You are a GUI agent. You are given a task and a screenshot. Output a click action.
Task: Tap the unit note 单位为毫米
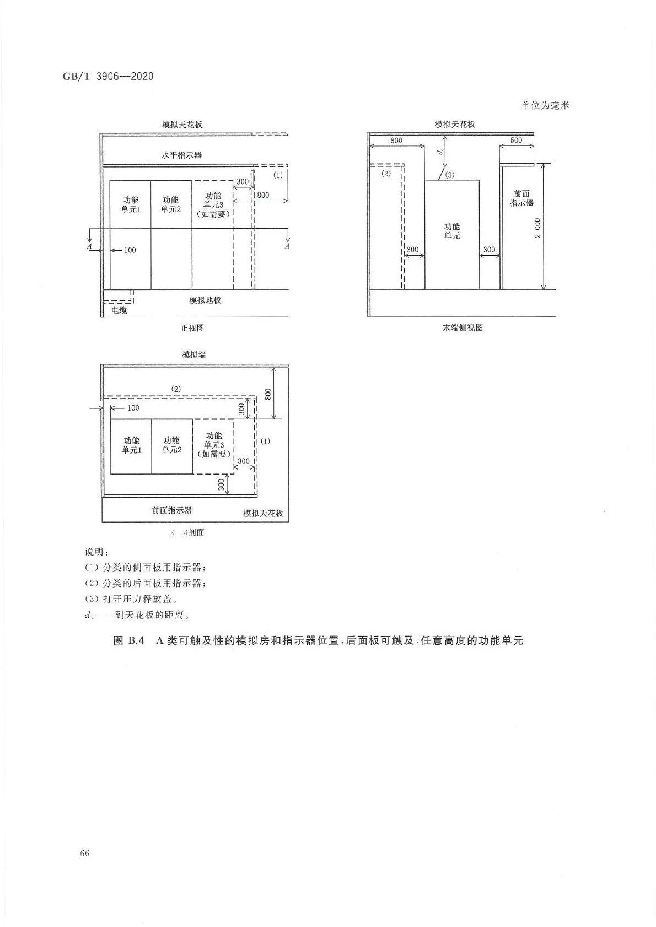click(545, 105)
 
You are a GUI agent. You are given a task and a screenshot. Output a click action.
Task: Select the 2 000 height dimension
click(538, 228)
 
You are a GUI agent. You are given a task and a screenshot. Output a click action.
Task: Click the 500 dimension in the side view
click(516, 140)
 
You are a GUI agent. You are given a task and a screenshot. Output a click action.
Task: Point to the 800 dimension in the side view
click(396, 140)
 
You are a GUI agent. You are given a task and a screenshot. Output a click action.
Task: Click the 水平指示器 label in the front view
click(181, 155)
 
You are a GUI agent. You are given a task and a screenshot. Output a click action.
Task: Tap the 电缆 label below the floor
click(119, 311)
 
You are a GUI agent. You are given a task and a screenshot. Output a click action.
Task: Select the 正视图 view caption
click(192, 328)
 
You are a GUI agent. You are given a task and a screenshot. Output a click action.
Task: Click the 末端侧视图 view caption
click(463, 328)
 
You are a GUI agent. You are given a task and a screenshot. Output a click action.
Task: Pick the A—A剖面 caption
click(187, 533)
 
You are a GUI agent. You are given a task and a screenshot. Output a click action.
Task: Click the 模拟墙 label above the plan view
click(193, 355)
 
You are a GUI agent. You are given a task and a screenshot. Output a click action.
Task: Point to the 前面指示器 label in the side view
click(521, 198)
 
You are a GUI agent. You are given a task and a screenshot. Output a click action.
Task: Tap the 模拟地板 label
click(205, 300)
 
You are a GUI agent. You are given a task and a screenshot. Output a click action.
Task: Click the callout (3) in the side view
click(450, 175)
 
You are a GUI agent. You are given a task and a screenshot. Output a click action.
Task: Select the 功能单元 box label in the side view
click(452, 231)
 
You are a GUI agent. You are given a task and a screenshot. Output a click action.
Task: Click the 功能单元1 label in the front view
click(131, 204)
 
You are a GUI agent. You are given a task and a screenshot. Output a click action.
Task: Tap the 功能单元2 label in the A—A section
click(171, 445)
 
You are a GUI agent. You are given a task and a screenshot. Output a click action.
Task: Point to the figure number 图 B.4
click(128, 640)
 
